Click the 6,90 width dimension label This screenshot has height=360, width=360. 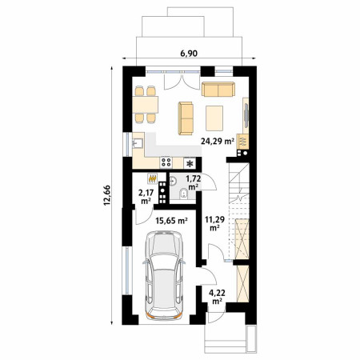coord(189,54)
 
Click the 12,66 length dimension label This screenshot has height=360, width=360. coord(107,195)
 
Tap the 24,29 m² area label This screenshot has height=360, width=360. coord(218,141)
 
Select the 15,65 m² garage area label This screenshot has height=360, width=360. coord(172,220)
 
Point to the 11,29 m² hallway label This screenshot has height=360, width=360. coord(214,223)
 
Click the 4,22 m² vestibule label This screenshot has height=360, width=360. coord(217,297)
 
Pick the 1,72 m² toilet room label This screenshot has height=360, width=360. coord(194,182)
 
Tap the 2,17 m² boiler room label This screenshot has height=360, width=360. coord(146,196)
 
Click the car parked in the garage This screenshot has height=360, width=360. coord(164,275)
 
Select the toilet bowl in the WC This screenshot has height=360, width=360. coord(183,194)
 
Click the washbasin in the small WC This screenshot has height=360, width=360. coord(173,182)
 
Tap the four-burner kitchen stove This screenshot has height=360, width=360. coord(166,162)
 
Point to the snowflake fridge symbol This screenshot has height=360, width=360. coord(190,163)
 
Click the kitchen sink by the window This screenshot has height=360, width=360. coord(138,143)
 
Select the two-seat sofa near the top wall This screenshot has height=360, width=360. coord(218,89)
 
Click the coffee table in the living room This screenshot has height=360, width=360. coord(214,118)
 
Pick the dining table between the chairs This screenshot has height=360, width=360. coord(145,105)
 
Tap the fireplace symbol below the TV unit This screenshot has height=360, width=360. coord(243,141)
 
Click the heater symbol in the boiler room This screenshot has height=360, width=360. coord(152,178)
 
